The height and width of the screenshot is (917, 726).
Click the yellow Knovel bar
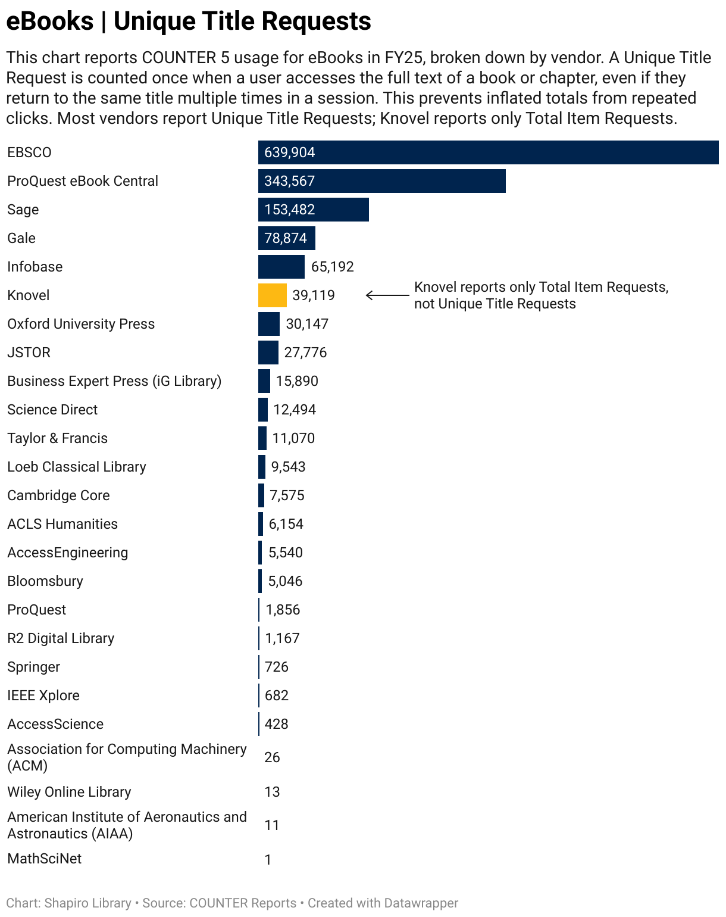(x=272, y=295)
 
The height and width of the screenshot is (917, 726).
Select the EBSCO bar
(x=488, y=152)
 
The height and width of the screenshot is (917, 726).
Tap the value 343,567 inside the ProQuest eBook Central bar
(x=290, y=181)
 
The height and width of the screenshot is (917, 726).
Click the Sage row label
(x=23, y=210)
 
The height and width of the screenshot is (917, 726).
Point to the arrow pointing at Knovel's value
(x=387, y=295)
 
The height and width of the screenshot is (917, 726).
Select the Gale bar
(x=286, y=238)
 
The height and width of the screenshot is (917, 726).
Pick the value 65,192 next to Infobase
(x=332, y=267)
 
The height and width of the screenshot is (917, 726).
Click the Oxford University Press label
(x=81, y=324)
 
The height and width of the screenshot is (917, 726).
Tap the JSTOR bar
(x=268, y=353)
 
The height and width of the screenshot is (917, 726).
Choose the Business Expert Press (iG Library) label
(x=114, y=381)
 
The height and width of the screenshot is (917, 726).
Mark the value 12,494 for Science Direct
(x=295, y=410)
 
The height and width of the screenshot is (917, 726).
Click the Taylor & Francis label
(x=57, y=438)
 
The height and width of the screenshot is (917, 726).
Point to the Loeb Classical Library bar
(x=262, y=467)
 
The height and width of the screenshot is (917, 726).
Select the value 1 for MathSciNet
(x=268, y=860)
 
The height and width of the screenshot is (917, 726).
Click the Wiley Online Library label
(x=69, y=792)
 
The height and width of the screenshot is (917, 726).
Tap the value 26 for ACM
(x=272, y=757)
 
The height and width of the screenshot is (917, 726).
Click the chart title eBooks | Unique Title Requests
(x=189, y=21)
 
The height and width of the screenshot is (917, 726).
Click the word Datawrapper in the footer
(x=421, y=903)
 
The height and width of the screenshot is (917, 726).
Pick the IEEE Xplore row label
(x=43, y=695)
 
